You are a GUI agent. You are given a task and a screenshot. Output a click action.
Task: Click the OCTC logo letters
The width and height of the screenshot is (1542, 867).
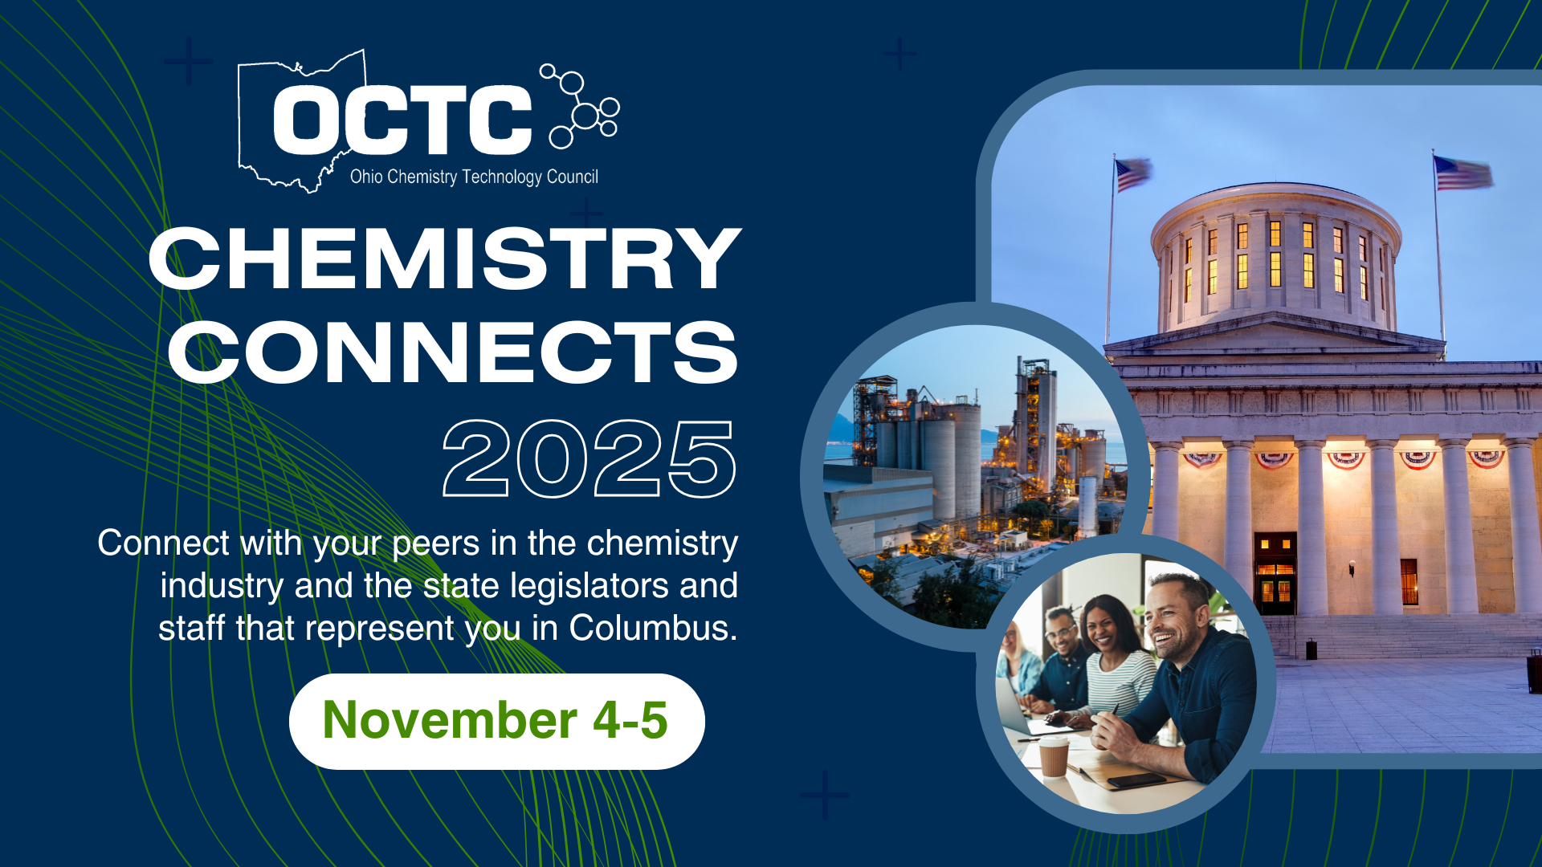[x=402, y=120]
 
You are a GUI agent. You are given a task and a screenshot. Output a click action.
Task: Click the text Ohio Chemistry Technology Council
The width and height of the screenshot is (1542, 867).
[x=474, y=177]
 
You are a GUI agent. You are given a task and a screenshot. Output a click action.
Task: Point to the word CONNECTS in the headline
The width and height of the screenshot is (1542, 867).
[x=452, y=352]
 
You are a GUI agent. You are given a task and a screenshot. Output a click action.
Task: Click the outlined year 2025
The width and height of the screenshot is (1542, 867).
[x=589, y=458]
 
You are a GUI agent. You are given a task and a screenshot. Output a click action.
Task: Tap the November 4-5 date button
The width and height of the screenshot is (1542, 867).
[x=496, y=721]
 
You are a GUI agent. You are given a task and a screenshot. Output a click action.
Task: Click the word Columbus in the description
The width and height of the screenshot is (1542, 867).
[x=653, y=628]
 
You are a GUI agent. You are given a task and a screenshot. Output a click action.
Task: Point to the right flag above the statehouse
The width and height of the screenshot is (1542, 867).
[x=1463, y=173]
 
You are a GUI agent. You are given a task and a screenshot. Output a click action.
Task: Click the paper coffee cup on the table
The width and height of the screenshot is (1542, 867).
[x=1054, y=756]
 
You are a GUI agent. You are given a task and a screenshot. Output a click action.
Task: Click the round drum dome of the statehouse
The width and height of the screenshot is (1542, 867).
[x=1276, y=257]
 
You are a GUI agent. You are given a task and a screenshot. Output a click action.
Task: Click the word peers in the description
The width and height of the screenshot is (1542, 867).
[x=436, y=544]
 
